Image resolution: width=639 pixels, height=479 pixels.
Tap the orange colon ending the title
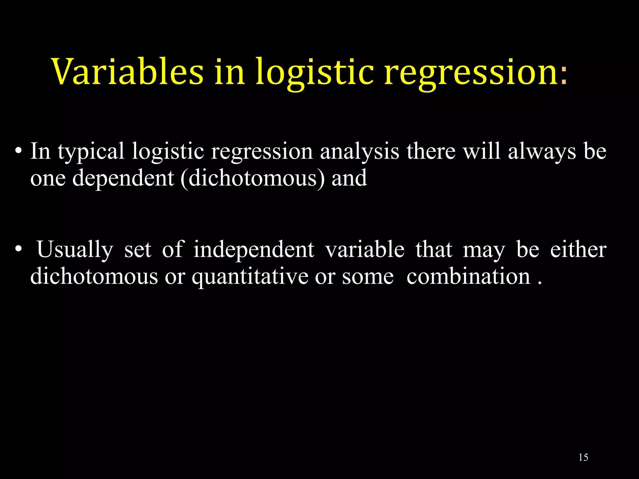[x=563, y=76]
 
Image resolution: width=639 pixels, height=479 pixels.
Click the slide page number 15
[x=583, y=457]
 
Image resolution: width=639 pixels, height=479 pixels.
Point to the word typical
[x=91, y=152]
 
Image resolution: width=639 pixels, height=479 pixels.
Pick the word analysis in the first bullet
[x=359, y=152]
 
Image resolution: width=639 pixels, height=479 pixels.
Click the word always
[x=542, y=152]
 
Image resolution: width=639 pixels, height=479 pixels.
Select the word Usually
[x=75, y=250]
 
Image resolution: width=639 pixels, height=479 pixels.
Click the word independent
[x=254, y=250]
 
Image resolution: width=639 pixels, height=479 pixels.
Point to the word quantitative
[x=250, y=277]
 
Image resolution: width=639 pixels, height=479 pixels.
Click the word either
[x=578, y=250]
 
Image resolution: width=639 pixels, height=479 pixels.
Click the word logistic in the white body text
[x=168, y=152]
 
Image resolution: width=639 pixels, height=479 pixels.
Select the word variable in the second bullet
[x=365, y=250]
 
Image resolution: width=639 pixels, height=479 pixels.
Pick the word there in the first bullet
[x=431, y=152]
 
